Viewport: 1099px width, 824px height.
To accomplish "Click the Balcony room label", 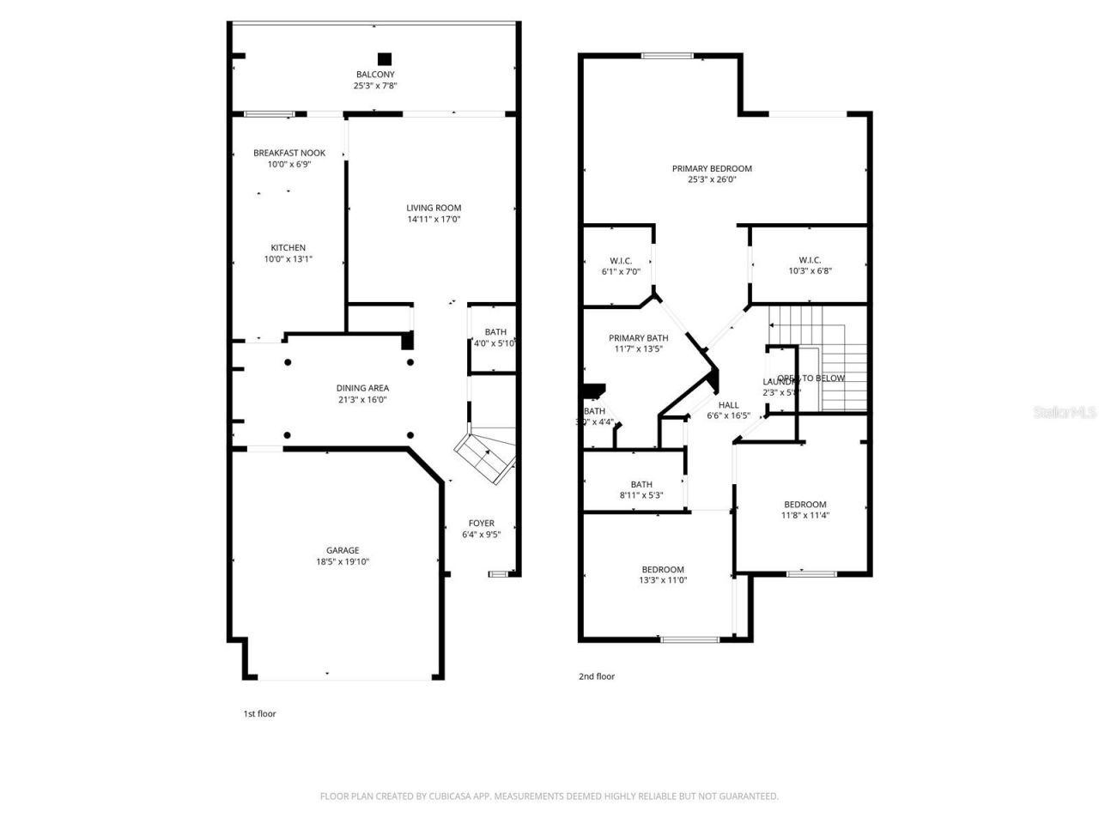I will click(x=375, y=75).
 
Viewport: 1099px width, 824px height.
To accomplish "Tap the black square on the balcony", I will click(x=385, y=59).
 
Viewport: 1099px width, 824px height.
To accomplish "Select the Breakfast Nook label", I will click(x=288, y=153).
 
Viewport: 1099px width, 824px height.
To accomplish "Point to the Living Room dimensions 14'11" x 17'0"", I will click(x=434, y=219).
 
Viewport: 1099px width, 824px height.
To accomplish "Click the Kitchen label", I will click(x=288, y=248).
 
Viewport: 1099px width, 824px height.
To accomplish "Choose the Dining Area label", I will click(x=362, y=388).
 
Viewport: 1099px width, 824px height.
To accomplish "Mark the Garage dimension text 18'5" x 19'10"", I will click(x=343, y=562).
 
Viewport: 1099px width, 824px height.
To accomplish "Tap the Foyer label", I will click(x=481, y=523).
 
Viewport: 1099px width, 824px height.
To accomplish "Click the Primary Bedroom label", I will click(x=712, y=168).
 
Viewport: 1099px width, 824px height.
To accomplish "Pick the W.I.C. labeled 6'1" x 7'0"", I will click(x=621, y=260).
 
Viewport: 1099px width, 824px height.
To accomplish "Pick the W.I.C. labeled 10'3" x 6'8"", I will click(x=809, y=260).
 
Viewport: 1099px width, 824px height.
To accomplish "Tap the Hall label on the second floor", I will click(x=728, y=405).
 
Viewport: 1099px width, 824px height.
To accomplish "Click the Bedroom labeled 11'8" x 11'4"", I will click(x=805, y=505).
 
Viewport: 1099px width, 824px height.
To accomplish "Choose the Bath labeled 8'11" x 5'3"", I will click(x=641, y=484).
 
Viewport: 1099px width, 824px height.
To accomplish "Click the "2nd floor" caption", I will click(x=596, y=676).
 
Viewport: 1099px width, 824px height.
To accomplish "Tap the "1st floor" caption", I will click(x=259, y=713).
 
